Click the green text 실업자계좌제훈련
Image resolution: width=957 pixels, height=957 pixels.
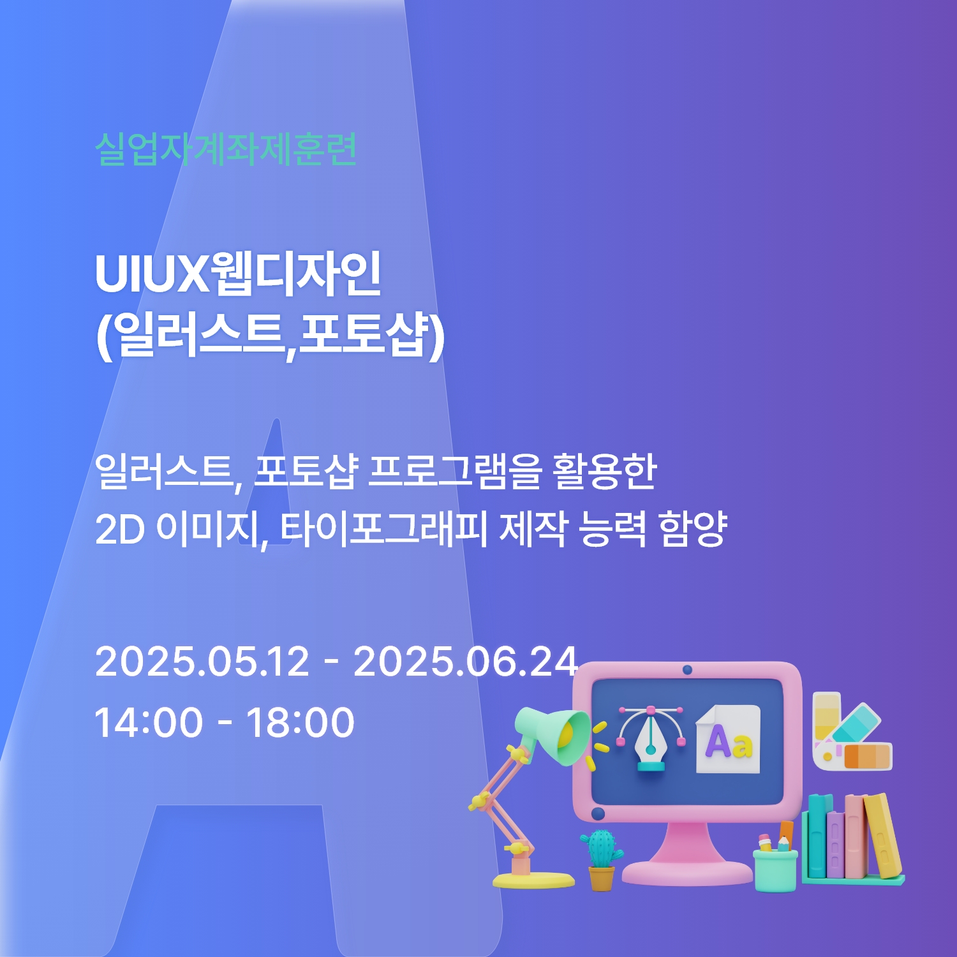pyautogui.click(x=226, y=150)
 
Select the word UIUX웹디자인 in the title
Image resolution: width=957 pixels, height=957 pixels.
pyautogui.click(x=239, y=274)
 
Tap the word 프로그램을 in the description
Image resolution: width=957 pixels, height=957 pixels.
pyautogui.click(x=456, y=471)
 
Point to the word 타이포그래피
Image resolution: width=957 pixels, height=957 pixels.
pyautogui.click(x=383, y=529)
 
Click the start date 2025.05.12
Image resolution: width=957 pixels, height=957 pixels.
pyautogui.click(x=202, y=661)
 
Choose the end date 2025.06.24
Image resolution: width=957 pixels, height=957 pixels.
pyautogui.click(x=466, y=661)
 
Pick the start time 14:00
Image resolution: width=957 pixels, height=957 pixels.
pyautogui.click(x=149, y=722)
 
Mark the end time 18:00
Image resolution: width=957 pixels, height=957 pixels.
pyautogui.click(x=300, y=722)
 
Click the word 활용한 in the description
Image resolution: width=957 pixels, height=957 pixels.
pyautogui.click(x=605, y=471)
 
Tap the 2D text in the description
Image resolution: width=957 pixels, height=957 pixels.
pyautogui.click(x=120, y=530)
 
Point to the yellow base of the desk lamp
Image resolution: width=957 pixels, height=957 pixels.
pyautogui.click(x=533, y=880)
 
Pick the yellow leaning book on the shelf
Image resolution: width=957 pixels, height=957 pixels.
pyautogui.click(x=883, y=836)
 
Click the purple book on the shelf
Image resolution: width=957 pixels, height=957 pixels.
pyautogui.click(x=835, y=843)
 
